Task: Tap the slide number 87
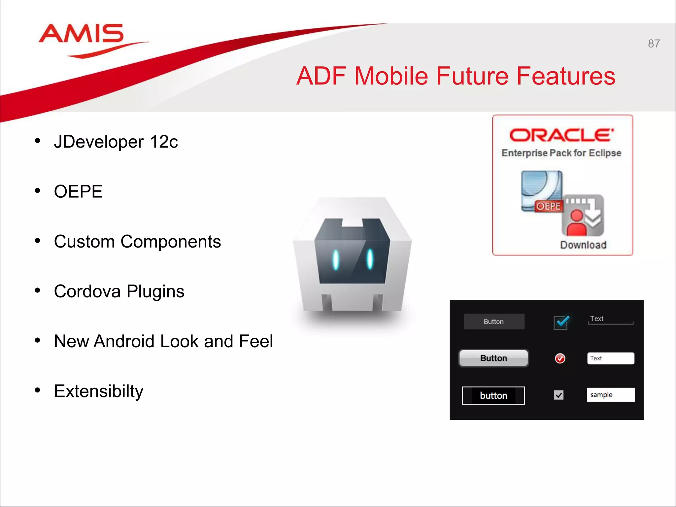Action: point(654,44)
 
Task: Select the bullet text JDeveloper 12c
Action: point(116,142)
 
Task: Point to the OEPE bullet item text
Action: point(78,191)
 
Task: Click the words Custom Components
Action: point(137,242)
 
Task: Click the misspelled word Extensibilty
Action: point(99,391)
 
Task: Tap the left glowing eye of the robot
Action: point(336,260)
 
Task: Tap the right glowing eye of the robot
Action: point(370,259)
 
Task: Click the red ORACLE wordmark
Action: point(561,135)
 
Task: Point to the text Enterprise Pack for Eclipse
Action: point(561,153)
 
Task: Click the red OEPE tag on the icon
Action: point(548,206)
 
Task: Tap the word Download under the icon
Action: point(583,245)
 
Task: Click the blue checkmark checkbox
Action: point(561,322)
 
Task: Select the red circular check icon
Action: point(560,358)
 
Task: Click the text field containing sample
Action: point(611,395)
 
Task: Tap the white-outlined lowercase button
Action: point(493,395)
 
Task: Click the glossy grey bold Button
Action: point(493,358)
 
